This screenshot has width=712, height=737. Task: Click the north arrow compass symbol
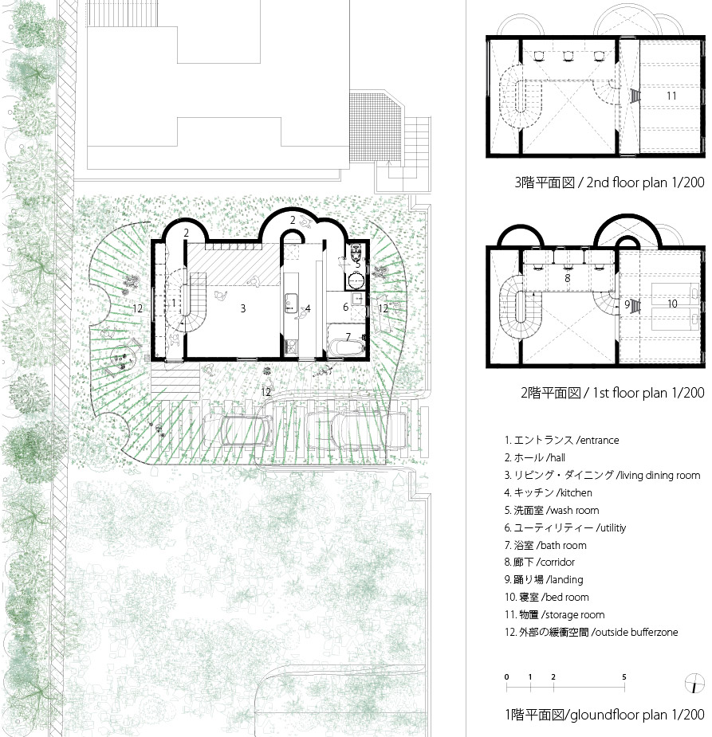694,683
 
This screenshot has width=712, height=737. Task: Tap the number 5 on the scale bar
624,676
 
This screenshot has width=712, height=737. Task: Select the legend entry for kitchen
548,492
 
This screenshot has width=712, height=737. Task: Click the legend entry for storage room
554,614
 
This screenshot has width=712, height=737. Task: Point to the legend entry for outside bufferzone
591,632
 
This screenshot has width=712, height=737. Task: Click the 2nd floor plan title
609,182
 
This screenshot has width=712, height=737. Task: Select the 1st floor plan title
612,393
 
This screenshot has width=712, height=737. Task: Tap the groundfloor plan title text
605,715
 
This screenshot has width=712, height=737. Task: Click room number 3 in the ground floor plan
242,308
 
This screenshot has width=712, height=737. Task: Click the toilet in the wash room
356,254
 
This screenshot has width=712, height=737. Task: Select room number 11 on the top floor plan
671,96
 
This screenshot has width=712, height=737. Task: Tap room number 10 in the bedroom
672,304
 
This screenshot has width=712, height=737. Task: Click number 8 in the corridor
567,278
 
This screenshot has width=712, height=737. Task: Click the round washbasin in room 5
356,281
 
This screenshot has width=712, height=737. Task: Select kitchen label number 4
308,308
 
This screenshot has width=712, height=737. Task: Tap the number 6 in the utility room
345,307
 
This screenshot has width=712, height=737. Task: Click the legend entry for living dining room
603,475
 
